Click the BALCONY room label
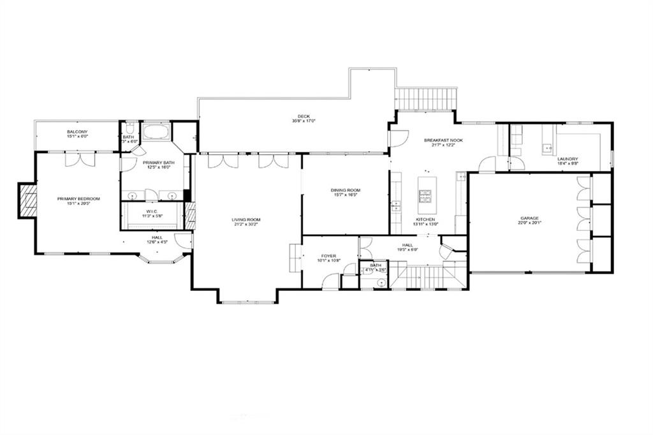pyautogui.click(x=77, y=131)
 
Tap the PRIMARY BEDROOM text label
pyautogui.click(x=79, y=199)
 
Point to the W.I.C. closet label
pyautogui.click(x=152, y=211)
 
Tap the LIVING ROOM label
pyautogui.click(x=246, y=220)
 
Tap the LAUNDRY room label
pyautogui.click(x=567, y=159)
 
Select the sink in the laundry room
pyautogui.click(x=547, y=149)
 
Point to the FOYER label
pyautogui.click(x=329, y=256)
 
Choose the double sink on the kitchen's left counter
pyautogui.click(x=396, y=205)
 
